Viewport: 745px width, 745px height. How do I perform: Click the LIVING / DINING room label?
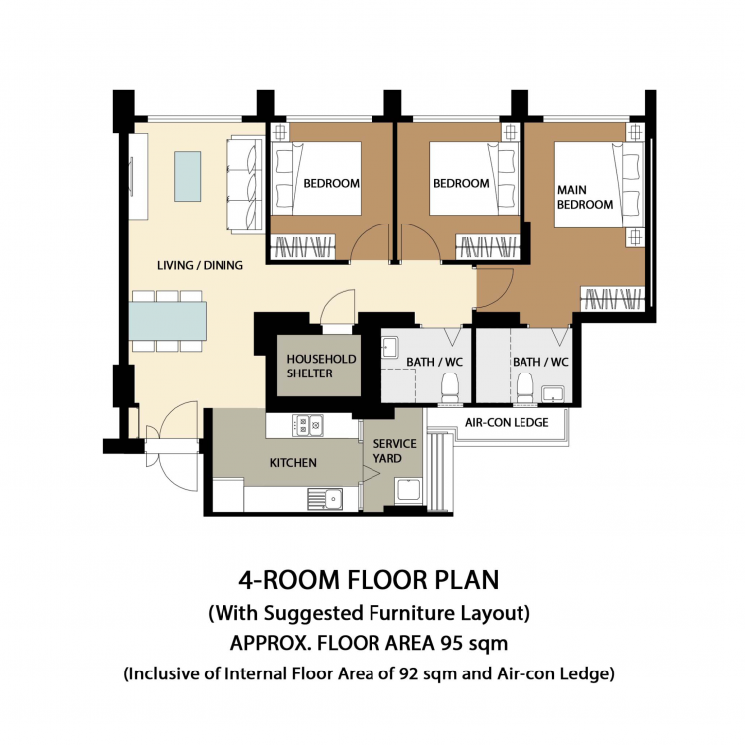(x=200, y=265)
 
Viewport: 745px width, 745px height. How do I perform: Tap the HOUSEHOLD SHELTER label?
(x=321, y=366)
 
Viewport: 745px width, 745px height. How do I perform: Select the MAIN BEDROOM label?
(x=585, y=197)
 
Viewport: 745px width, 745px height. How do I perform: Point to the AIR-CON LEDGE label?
(x=507, y=422)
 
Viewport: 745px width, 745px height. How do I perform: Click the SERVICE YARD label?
(x=394, y=451)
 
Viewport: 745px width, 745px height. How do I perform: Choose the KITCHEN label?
(x=293, y=462)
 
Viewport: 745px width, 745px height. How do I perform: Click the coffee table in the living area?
(x=187, y=176)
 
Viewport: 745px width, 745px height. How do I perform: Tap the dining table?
(x=167, y=321)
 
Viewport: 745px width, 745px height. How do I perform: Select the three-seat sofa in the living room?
(x=245, y=185)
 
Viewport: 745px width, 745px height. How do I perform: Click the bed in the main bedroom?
(x=599, y=185)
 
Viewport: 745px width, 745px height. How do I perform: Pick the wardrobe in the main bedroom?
(x=612, y=299)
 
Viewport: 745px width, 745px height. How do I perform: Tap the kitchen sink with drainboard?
(x=325, y=499)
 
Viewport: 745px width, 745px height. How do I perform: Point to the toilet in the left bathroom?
(x=449, y=387)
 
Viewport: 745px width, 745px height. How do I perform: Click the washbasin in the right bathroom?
(x=553, y=394)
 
